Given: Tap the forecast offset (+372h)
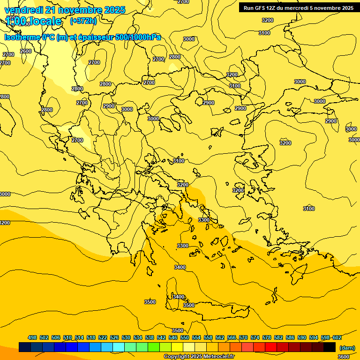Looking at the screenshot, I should point(83,21).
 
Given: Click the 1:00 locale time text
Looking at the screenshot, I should point(33,21).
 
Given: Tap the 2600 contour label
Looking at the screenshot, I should point(26,51).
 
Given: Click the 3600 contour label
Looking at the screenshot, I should point(343,357).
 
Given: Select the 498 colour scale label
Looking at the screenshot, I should point(32,337).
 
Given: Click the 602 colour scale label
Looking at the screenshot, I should point(337,337).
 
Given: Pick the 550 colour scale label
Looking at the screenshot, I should point(184,337).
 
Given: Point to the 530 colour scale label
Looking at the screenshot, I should point(126,337).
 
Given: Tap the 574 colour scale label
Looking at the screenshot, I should point(255,337).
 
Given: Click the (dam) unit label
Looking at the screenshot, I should point(347,347).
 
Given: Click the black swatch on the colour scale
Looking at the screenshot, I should point(330,347).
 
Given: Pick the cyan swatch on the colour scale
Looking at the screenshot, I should point(118,347).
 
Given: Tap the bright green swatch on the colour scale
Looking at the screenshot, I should point(153,347).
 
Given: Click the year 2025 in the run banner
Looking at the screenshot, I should point(347,7).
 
